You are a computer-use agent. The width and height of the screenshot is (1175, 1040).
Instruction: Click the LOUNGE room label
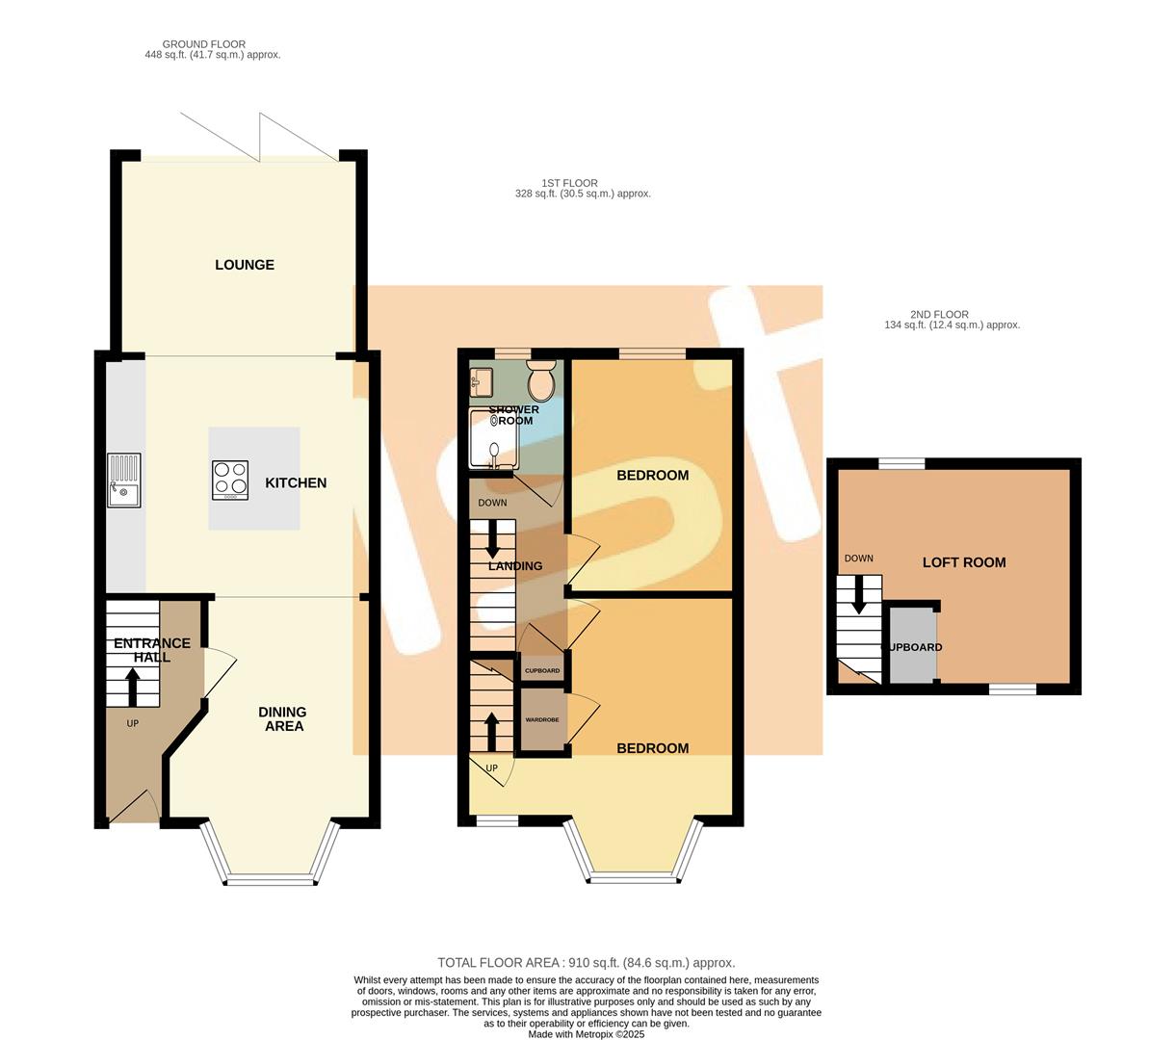pyautogui.click(x=245, y=265)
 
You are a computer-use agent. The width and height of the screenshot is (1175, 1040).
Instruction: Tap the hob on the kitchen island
pyautogui.click(x=230, y=480)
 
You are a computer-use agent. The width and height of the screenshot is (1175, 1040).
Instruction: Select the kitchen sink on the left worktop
pyautogui.click(x=124, y=481)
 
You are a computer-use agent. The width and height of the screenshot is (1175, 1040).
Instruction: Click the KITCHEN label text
pyautogui.click(x=296, y=483)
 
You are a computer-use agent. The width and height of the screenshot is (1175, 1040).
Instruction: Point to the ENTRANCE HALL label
pyautogui.click(x=152, y=650)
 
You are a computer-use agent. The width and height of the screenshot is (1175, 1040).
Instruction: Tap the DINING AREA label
pyautogui.click(x=282, y=718)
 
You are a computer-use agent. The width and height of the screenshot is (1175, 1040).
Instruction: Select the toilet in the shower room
pyautogui.click(x=541, y=381)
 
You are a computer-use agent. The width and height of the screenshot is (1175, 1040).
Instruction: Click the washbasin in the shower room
pyautogui.click(x=482, y=383)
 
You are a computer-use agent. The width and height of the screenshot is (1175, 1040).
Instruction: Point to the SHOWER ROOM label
pyautogui.click(x=513, y=415)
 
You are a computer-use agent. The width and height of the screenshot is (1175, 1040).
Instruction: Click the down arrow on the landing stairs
pyautogui.click(x=493, y=539)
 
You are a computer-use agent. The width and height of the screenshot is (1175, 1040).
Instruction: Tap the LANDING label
pyautogui.click(x=515, y=566)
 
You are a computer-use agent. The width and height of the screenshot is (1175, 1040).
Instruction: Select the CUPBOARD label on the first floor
pyautogui.click(x=541, y=670)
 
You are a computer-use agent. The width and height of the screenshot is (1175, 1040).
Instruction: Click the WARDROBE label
pyautogui.click(x=541, y=719)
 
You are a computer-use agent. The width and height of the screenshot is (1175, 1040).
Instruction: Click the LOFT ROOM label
pyautogui.click(x=964, y=562)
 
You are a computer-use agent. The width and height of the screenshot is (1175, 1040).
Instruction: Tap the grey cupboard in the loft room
pyautogui.click(x=911, y=646)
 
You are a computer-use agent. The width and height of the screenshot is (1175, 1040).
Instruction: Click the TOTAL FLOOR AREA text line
pyautogui.click(x=586, y=962)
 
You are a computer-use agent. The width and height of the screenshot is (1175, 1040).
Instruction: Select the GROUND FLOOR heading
pyautogui.click(x=203, y=44)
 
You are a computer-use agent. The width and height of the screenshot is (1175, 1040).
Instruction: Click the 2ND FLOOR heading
pyautogui.click(x=939, y=314)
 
